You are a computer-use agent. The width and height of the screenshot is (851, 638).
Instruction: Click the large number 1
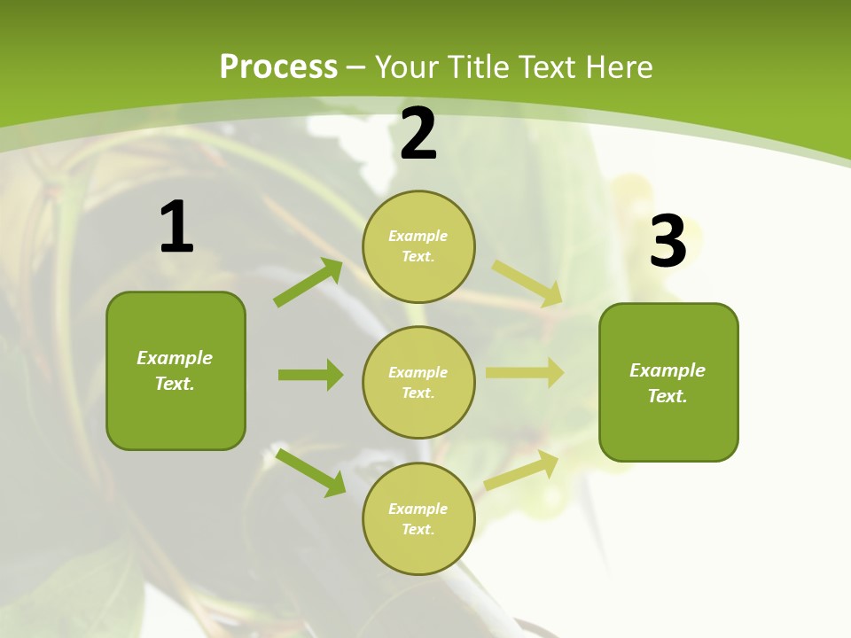tap(176, 228)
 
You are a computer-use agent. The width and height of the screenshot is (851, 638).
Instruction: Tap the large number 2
tap(418, 135)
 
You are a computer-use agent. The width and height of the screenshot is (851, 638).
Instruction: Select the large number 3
tap(668, 242)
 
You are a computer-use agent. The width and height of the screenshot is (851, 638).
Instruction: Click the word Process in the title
tap(278, 66)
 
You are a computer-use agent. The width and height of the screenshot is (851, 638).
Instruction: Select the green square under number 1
tap(176, 370)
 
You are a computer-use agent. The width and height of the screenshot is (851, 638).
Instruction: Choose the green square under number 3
tap(668, 382)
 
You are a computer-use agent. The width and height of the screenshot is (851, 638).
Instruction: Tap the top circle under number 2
tap(418, 245)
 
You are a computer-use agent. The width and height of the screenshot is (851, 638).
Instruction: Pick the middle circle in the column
tap(418, 382)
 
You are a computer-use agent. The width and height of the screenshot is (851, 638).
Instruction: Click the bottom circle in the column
tap(418, 518)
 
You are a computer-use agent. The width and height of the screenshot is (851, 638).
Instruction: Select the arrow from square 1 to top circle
tap(308, 283)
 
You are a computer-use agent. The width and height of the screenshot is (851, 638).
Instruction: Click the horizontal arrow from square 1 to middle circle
tap(310, 375)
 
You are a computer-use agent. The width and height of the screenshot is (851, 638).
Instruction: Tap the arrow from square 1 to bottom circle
tap(311, 472)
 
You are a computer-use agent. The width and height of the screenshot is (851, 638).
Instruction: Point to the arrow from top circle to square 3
tap(527, 284)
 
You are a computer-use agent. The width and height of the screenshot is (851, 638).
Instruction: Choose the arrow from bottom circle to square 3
tap(521, 471)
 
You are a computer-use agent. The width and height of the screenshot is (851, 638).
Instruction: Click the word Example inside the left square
tap(175, 358)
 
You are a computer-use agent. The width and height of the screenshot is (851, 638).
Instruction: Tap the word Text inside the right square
tap(667, 396)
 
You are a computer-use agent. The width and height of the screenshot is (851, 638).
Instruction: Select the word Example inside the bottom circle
tap(418, 509)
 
